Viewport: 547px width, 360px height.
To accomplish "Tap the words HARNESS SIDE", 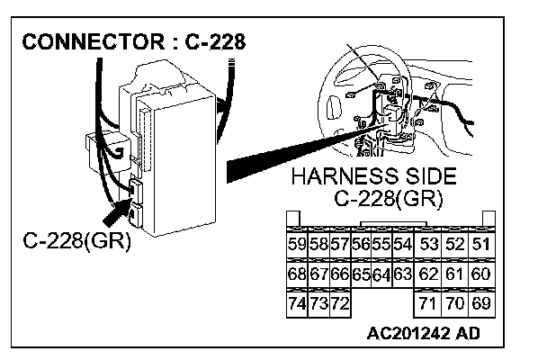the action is (374, 177).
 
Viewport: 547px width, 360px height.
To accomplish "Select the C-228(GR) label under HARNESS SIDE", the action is (389, 199).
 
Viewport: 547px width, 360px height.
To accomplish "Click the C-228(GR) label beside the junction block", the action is (77, 240).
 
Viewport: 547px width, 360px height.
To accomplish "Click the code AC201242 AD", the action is (423, 334).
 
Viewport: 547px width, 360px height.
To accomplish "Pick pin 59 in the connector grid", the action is (296, 243).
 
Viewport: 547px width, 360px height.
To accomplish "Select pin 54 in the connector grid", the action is (402, 243).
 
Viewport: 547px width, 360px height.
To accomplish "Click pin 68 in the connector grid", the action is (296, 273).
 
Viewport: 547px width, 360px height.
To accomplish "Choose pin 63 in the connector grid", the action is (402, 273).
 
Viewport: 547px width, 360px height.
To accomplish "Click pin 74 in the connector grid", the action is (296, 302).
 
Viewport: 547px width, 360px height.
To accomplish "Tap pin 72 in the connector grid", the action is (338, 302).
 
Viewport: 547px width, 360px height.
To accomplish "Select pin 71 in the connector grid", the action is (428, 302).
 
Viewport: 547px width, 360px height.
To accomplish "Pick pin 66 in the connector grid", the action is (338, 273).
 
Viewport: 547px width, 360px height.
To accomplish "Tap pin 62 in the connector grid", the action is (428, 273).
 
